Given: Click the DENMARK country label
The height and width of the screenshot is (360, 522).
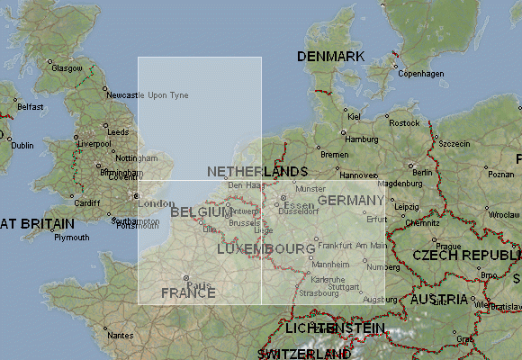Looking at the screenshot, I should [330, 57].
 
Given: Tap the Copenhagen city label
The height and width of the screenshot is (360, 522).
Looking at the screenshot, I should [421, 73].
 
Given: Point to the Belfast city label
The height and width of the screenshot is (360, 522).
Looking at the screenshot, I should [30, 106].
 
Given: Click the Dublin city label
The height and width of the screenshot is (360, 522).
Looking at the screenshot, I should [22, 145].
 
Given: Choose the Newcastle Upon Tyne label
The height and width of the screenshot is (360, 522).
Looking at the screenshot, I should [148, 94].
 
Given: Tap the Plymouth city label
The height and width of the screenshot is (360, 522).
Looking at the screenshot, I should [72, 238].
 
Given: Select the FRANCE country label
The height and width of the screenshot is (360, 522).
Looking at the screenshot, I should [188, 293].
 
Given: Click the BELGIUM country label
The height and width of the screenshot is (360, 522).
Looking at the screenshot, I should [202, 212].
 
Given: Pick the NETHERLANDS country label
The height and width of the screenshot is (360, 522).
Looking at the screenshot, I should [257, 171].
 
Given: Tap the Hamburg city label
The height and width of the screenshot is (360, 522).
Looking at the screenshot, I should [362, 139].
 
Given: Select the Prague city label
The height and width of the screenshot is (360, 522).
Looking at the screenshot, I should [446, 246].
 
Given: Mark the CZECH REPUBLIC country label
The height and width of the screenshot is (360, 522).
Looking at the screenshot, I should [466, 256].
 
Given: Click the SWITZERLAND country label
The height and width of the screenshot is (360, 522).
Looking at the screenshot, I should [303, 354].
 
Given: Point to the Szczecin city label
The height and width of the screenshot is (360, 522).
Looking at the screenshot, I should [454, 143].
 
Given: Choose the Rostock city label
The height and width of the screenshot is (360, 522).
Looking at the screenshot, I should [405, 122].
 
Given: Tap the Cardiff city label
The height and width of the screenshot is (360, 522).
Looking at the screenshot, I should [87, 202].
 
